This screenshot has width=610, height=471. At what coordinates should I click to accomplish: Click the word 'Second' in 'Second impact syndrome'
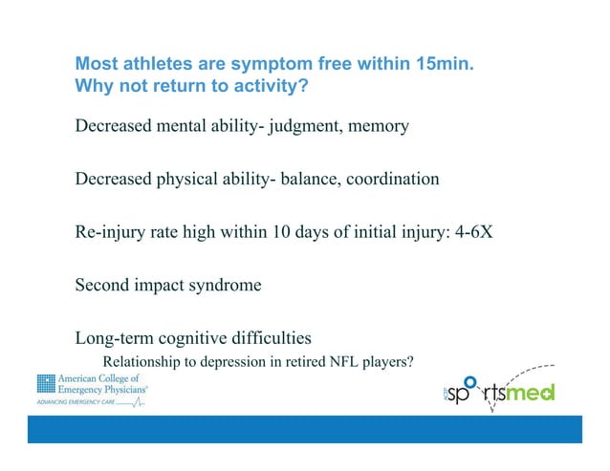[102, 285]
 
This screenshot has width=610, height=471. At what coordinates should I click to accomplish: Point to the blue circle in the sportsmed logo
[468, 380]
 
